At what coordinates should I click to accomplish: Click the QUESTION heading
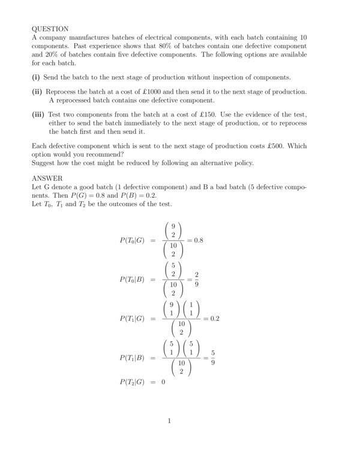tap(50, 28)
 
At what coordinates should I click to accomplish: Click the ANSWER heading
tap(47, 178)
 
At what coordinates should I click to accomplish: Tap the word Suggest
tap(44, 163)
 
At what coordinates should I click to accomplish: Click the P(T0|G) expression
tap(133, 240)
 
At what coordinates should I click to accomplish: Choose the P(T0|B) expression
tap(133, 279)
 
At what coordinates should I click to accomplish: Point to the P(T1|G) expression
tap(133, 319)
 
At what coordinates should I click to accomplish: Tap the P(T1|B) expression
tap(133, 359)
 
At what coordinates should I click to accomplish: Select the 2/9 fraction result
tap(205, 279)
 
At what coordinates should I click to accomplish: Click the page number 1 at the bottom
tap(169, 421)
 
